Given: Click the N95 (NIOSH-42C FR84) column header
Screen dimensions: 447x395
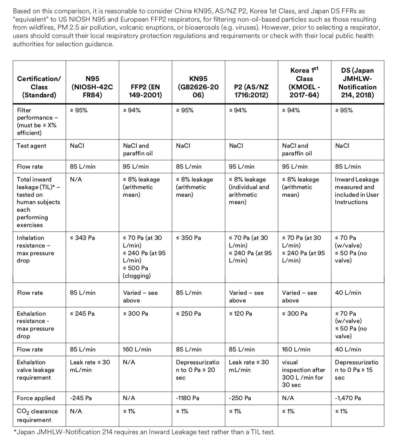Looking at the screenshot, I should [x=92, y=87].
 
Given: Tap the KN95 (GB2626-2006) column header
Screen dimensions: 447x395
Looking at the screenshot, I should [x=198, y=87].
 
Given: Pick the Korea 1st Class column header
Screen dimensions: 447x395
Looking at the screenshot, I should [x=304, y=82].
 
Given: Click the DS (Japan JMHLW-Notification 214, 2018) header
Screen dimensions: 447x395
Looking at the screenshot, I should [x=357, y=82].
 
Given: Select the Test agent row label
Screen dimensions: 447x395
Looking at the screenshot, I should [x=32, y=146].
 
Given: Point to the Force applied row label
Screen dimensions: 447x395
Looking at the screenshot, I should [x=36, y=398].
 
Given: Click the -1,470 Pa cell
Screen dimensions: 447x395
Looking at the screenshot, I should [x=348, y=398].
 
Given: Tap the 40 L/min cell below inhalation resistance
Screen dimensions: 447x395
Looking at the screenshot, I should [x=348, y=293].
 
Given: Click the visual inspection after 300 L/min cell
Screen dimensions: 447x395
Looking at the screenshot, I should [x=303, y=374].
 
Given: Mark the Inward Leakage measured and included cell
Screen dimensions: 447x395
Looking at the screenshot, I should [x=357, y=191].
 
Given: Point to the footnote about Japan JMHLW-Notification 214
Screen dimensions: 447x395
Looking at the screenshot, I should [x=144, y=432].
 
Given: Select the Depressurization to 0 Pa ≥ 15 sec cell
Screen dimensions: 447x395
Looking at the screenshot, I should [x=356, y=370].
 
